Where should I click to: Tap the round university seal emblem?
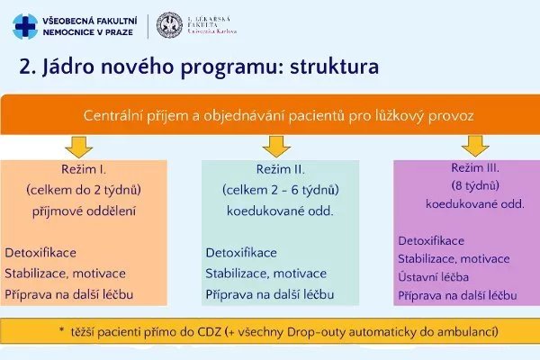(169, 25)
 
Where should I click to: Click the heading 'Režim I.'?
(81, 170)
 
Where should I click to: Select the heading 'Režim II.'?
(281, 170)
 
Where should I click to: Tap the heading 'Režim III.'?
(475, 167)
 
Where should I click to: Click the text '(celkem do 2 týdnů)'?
(81, 190)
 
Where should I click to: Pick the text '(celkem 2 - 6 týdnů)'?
(281, 190)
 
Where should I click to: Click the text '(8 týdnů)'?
(475, 185)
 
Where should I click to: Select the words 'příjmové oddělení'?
(81, 211)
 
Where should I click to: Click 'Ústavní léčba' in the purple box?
(434, 276)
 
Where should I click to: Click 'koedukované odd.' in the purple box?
(475, 204)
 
